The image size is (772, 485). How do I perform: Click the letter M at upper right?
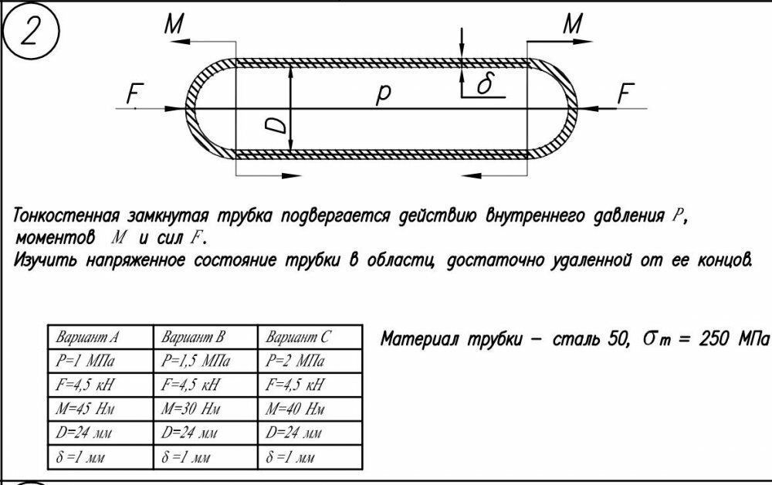click(x=572, y=25)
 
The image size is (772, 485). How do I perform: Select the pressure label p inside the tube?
click(x=384, y=94)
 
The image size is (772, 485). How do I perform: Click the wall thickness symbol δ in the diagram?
click(x=484, y=84)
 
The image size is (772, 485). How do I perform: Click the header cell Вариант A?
click(x=86, y=337)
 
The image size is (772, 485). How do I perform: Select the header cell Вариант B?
click(x=192, y=337)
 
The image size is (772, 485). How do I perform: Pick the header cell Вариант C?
click(x=298, y=337)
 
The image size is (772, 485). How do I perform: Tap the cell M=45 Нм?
click(x=86, y=409)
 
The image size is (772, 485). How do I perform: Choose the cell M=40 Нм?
click(x=295, y=409)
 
